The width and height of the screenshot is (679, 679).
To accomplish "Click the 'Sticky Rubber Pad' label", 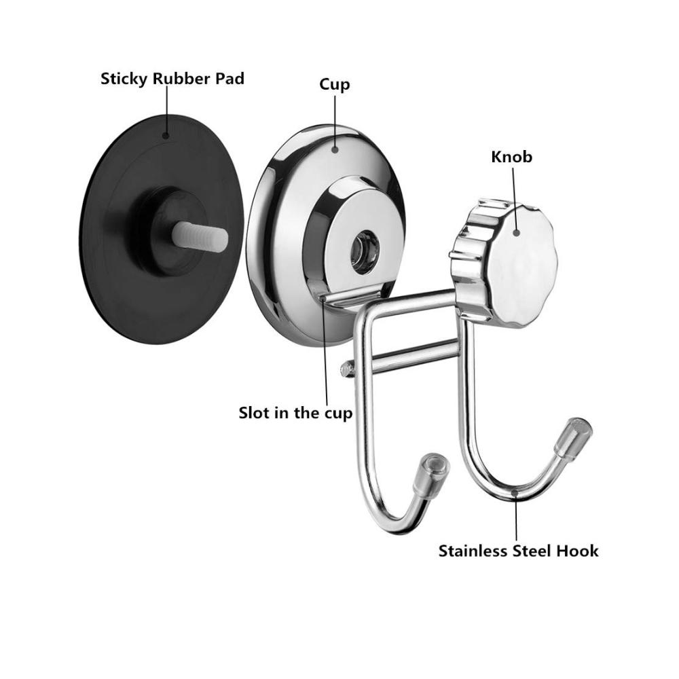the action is tap(172, 79).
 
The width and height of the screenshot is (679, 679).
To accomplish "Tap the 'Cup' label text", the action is tap(334, 84).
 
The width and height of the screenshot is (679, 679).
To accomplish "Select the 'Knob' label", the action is tap(511, 157).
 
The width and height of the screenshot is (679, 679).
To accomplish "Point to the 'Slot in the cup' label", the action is tap(296, 413).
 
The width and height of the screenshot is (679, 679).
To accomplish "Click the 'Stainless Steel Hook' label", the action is tap(518, 551).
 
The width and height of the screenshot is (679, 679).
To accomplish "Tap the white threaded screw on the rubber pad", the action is tap(200, 236).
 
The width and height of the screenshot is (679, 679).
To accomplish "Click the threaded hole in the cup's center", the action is tap(365, 252).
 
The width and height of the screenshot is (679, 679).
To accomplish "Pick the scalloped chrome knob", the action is tap(504, 263).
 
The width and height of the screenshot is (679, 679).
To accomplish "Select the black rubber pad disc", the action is tap(162, 229).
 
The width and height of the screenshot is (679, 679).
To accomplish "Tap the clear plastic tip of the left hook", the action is tap(431, 475).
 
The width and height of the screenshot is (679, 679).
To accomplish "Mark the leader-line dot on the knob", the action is tap(516, 232).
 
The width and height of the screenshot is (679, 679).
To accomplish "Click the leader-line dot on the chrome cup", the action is tap(334, 149).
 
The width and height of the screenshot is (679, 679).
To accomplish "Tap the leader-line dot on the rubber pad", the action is tap(166, 136).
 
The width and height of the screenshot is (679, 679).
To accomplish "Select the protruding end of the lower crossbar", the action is tap(346, 369).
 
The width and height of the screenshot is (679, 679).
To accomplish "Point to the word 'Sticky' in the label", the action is tap(124, 79).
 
